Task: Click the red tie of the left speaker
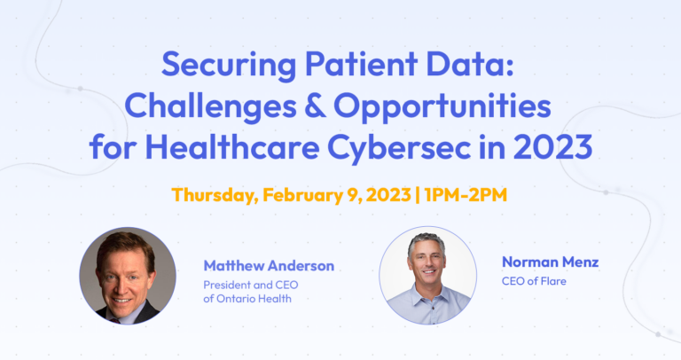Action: [125, 312]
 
